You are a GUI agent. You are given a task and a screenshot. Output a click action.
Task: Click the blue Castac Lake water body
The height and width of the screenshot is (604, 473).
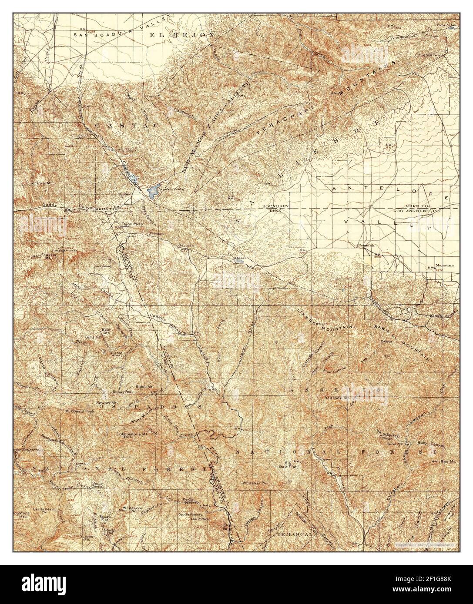pyautogui.click(x=153, y=190)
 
